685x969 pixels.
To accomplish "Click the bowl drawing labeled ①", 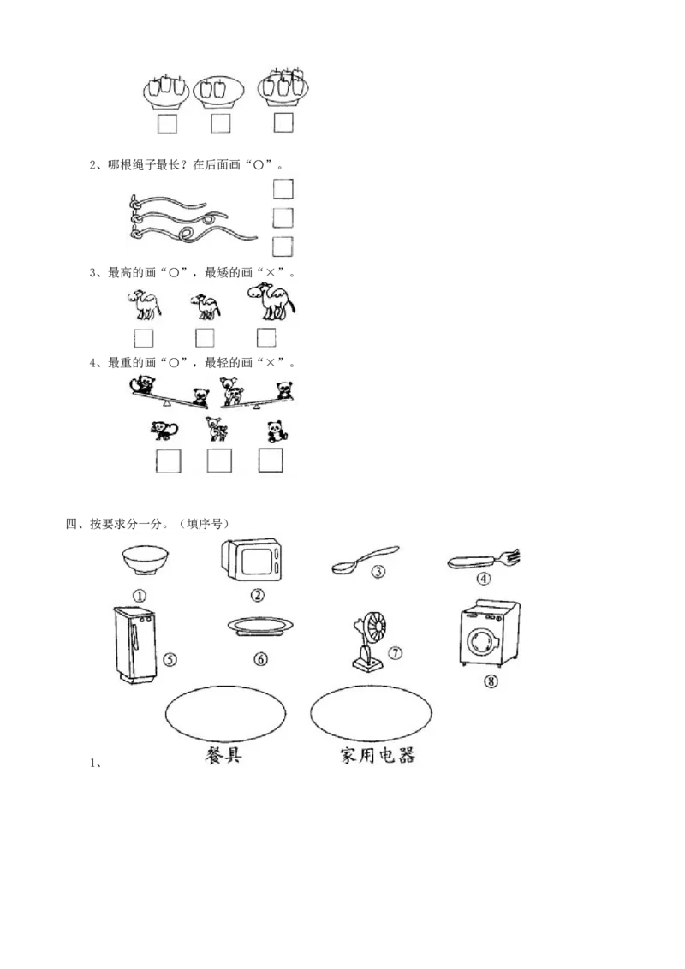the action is click(x=144, y=560).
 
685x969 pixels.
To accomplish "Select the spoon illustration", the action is click(x=366, y=558).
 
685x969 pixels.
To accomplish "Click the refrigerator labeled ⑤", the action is click(x=134, y=644).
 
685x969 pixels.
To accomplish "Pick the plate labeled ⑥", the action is click(x=260, y=626).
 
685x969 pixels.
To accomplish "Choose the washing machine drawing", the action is click(x=490, y=633).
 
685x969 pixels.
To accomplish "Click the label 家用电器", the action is click(x=377, y=755).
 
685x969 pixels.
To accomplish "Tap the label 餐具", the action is click(x=223, y=755).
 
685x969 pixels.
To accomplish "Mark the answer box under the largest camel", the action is click(x=266, y=337).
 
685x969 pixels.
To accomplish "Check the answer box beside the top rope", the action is click(x=283, y=188).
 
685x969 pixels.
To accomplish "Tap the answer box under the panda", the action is click(x=271, y=461).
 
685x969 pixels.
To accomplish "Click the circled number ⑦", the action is click(x=395, y=652).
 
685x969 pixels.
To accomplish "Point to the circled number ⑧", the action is click(x=491, y=681).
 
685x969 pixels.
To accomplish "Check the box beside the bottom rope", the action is click(x=283, y=246).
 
